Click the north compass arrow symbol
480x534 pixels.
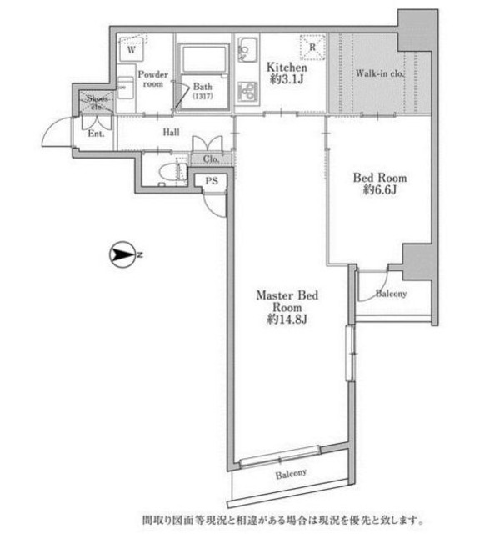[122, 254]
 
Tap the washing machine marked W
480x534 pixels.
[132, 50]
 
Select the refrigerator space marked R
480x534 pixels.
[312, 48]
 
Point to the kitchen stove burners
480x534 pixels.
[247, 91]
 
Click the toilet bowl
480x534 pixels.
[172, 172]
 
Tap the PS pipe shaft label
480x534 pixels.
[212, 180]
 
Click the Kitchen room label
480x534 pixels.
[287, 67]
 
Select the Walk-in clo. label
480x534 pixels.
[380, 73]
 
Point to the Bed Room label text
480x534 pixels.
[380, 178]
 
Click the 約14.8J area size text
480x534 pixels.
[287, 319]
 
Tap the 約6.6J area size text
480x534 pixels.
[380, 190]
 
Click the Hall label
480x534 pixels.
[171, 132]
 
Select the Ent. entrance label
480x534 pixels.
[96, 133]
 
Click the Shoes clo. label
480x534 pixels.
[97, 102]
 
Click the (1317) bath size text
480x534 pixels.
[202, 97]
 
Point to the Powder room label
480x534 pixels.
[152, 79]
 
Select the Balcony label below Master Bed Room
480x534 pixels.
[291, 474]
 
